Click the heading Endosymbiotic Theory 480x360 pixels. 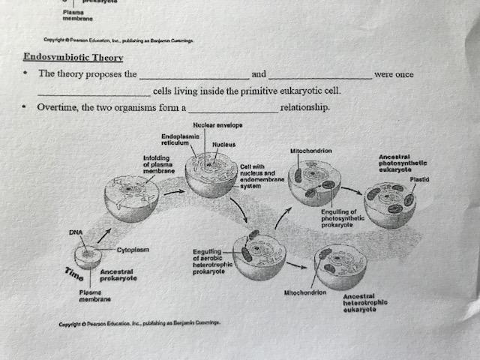tap(73, 58)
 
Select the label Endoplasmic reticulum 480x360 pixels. tap(179, 138)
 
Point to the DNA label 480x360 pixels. tap(76, 232)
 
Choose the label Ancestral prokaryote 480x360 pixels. tap(118, 274)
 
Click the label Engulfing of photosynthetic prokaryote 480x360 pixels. tap(343, 218)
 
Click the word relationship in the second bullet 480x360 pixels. tap(304, 108)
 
